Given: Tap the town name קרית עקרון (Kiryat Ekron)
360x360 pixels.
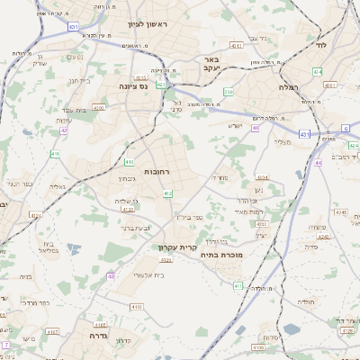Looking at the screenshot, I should pos(177,247).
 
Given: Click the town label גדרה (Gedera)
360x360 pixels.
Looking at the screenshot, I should pos(98,335).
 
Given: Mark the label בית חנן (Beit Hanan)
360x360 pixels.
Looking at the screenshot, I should pos(78,80).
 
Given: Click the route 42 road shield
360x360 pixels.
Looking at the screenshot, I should pos(64,131).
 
